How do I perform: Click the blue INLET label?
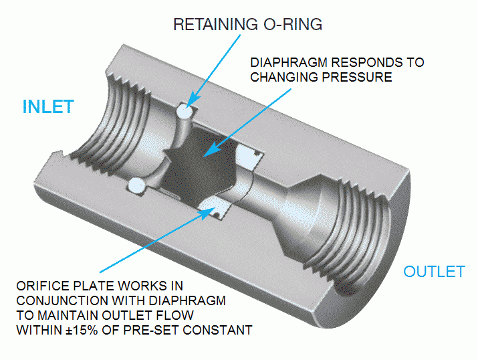pos(47,107)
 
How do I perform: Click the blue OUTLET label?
pos(434,272)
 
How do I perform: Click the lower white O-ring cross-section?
pos(136,184)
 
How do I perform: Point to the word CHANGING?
pos(281,77)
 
